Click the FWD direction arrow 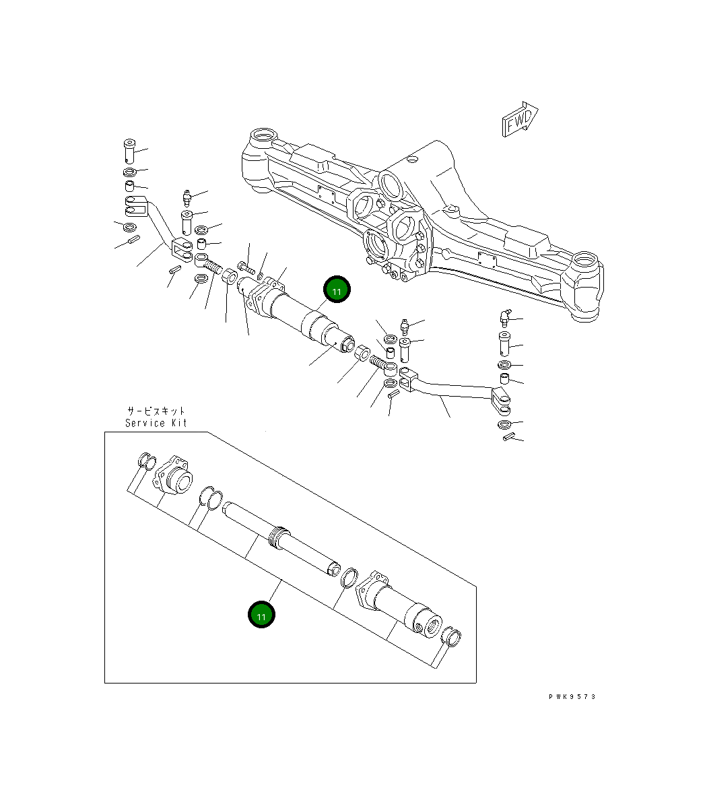click(519, 119)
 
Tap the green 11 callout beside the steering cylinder click(337, 290)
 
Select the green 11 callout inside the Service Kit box click(261, 615)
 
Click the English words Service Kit click(156, 423)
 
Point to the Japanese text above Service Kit click(156, 410)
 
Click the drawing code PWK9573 click(572, 696)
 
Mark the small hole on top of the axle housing click(413, 160)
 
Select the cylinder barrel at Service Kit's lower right click(401, 605)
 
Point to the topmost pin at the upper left click(129, 149)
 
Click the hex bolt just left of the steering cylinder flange click(245, 269)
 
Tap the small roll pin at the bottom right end click(509, 438)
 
